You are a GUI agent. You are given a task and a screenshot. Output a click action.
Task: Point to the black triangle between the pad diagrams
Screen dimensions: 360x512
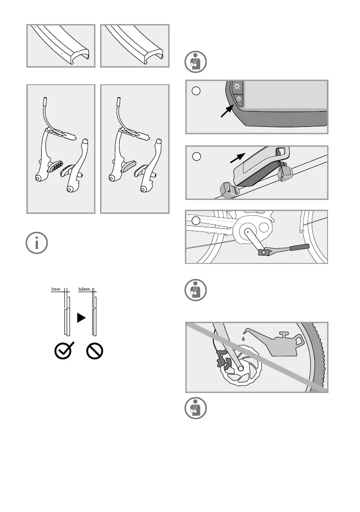pos(80,318)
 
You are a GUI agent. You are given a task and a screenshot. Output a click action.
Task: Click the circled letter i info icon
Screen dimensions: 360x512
pos(37,243)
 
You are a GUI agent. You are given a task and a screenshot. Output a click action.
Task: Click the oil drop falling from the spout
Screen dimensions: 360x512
pos(243,338)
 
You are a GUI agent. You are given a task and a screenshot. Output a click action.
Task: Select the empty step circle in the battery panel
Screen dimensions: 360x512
pos(196,157)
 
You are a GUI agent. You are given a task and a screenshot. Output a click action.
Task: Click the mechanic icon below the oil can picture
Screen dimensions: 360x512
pos(196,408)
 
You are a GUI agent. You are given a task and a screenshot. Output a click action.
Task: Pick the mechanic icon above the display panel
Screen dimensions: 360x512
pos(196,62)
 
